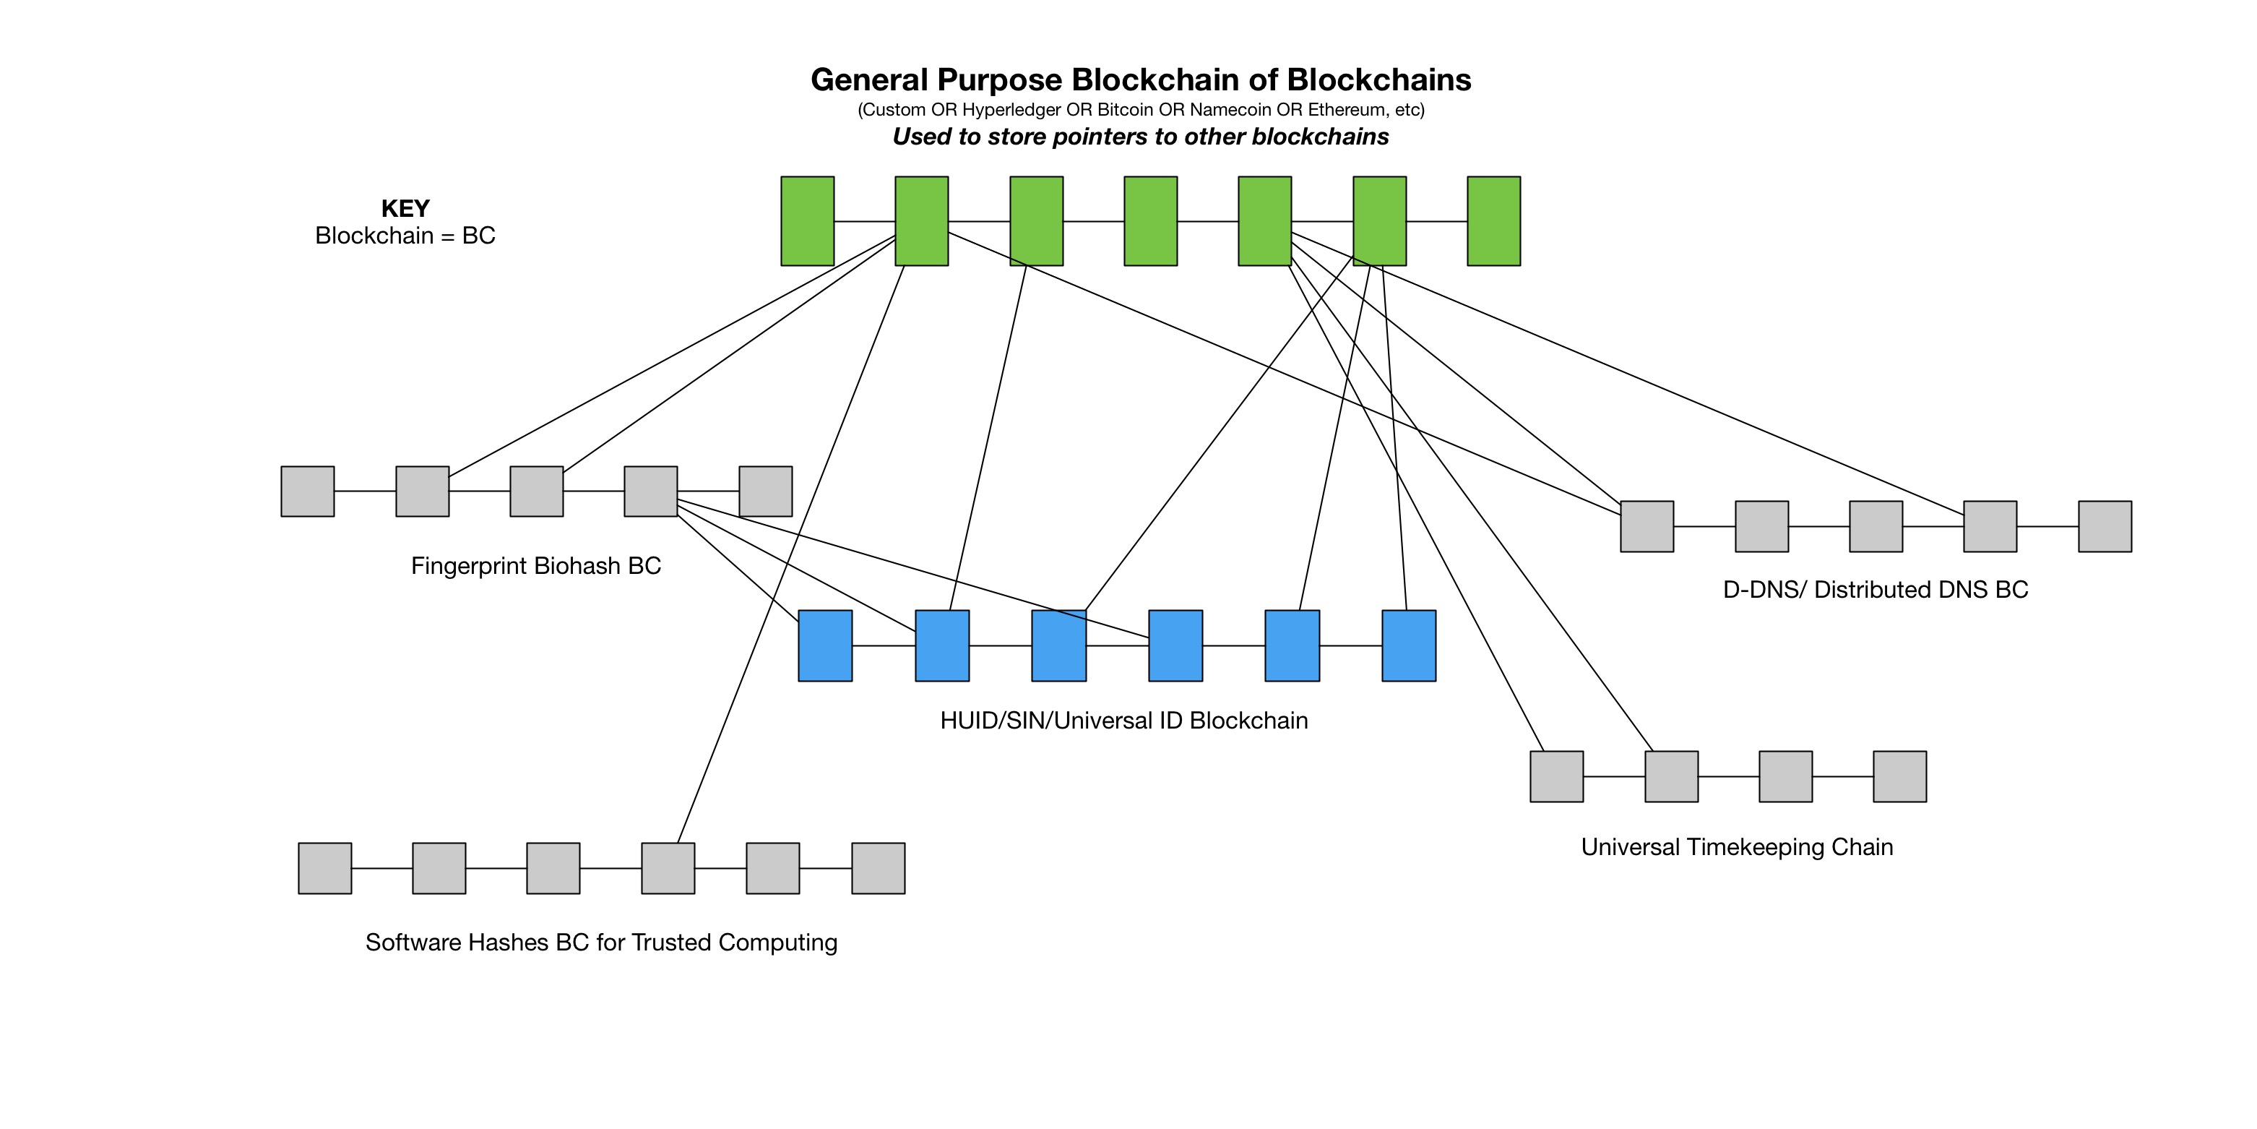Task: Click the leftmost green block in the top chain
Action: tap(807, 221)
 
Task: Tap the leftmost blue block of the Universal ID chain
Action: tap(824, 646)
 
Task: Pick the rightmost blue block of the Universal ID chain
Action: tap(1408, 646)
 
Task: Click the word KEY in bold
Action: tap(405, 209)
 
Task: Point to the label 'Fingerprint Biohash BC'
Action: tap(535, 566)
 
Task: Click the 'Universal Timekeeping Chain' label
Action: tap(1737, 848)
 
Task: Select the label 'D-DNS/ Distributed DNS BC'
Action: tap(1875, 590)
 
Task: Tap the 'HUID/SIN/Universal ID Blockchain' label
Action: tap(1123, 721)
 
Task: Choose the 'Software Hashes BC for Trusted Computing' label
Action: tap(601, 943)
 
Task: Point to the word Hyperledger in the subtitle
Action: tap(1011, 110)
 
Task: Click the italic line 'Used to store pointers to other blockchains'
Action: tap(1140, 137)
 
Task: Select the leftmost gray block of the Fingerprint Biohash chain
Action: tap(308, 491)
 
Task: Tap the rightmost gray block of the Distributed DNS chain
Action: tap(2105, 527)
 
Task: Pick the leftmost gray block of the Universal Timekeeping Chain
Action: tap(1556, 776)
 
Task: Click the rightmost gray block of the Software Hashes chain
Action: tap(878, 869)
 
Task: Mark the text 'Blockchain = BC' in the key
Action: tap(405, 236)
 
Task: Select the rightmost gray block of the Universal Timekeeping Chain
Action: tap(1899, 776)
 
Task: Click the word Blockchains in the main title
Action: tap(1378, 80)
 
